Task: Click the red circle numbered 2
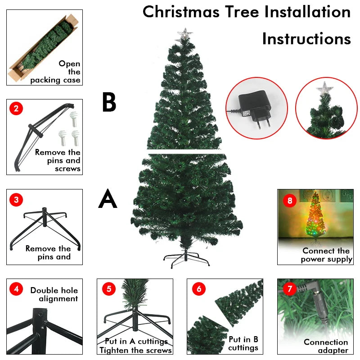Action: [x=16, y=108]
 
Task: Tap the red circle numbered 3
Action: [x=16, y=200]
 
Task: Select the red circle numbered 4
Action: [x=16, y=289]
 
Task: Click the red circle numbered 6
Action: [x=198, y=289]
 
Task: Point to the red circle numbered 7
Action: [x=288, y=289]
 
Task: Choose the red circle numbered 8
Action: [x=289, y=201]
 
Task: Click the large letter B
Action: [x=109, y=102]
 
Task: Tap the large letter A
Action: [x=108, y=199]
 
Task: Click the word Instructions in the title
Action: [x=306, y=39]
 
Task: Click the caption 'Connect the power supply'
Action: [x=326, y=255]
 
